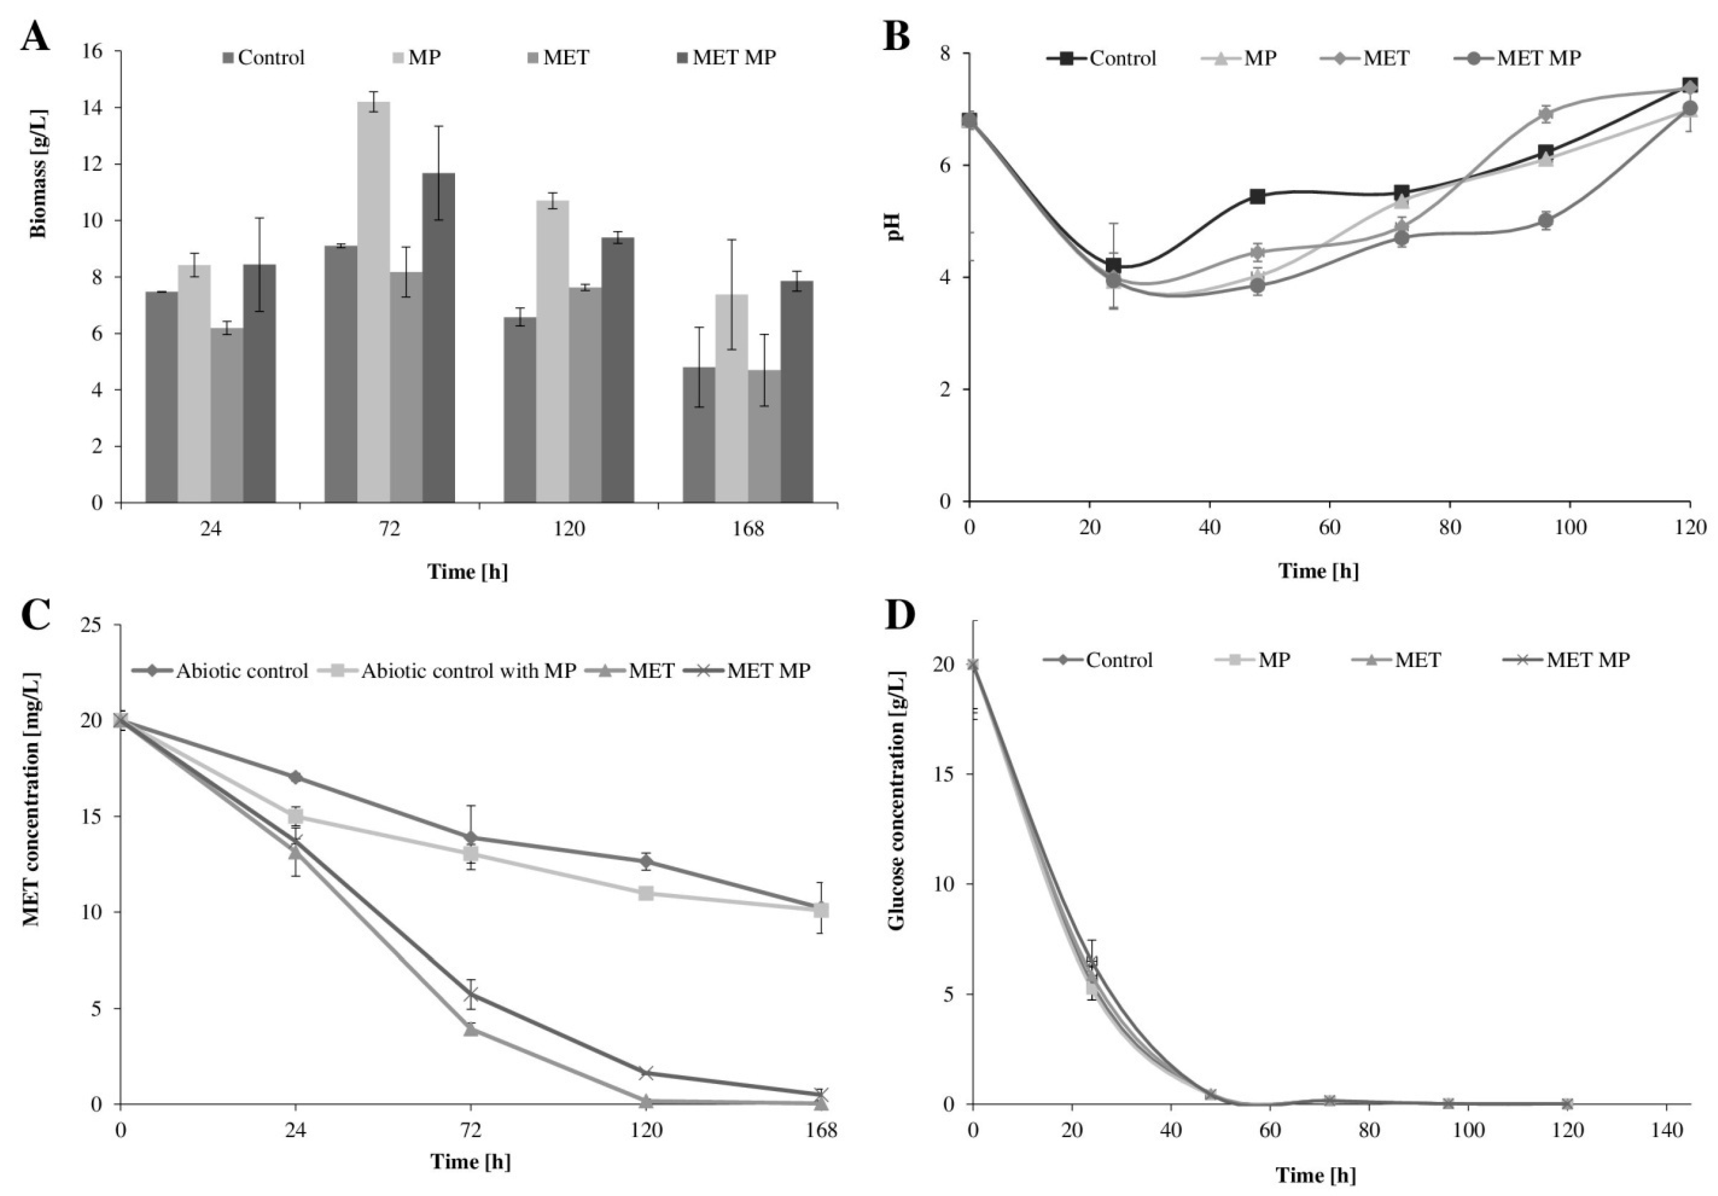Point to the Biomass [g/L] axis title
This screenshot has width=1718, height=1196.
click(39, 174)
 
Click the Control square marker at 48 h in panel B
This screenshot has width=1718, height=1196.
click(1257, 196)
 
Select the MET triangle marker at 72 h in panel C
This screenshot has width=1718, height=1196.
click(471, 1028)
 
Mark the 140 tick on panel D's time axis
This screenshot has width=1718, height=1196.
click(1666, 1130)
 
